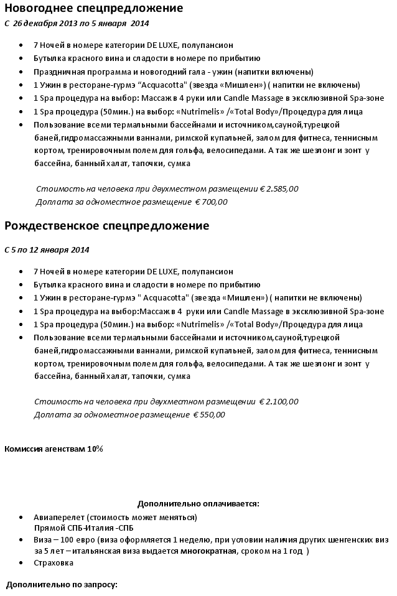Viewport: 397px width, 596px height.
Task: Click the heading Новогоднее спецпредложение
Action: pyautogui.click(x=94, y=8)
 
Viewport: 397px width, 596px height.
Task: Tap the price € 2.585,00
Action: pyautogui.click(x=279, y=189)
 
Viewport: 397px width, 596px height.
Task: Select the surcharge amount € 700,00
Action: pyautogui.click(x=212, y=202)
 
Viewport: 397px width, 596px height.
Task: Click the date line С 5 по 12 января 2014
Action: pyautogui.click(x=47, y=249)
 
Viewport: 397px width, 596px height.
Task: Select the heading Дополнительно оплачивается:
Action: pyautogui.click(x=198, y=503)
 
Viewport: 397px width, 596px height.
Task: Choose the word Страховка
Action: pyautogui.click(x=54, y=562)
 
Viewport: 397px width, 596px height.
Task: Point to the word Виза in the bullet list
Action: pyautogui.click(x=43, y=539)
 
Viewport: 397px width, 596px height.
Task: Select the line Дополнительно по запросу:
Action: pyautogui.click(x=62, y=585)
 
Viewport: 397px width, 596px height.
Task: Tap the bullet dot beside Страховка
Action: pyautogui.click(x=22, y=562)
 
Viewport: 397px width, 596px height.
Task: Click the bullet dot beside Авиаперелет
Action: pyautogui.click(x=22, y=517)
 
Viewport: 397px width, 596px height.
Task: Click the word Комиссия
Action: pyautogui.click(x=23, y=449)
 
